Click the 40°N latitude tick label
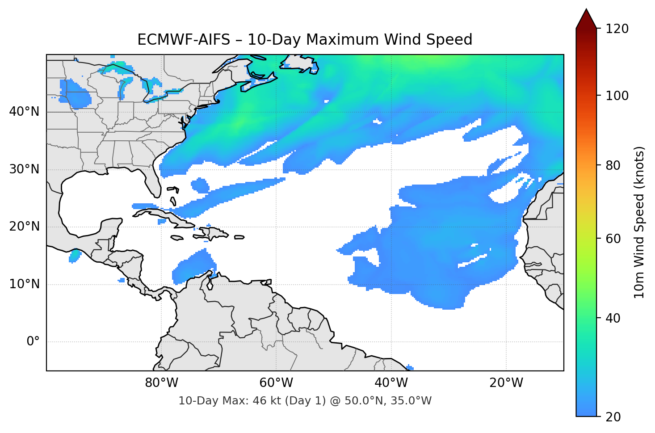(24, 112)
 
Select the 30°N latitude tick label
(24, 169)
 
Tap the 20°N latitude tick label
(24, 227)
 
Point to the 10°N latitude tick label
(24, 284)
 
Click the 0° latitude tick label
(33, 342)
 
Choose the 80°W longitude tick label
(162, 383)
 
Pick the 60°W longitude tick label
(277, 383)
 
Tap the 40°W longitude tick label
(391, 383)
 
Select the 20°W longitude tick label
(506, 383)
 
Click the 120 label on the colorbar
(617, 29)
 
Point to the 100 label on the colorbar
(617, 96)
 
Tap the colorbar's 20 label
(613, 417)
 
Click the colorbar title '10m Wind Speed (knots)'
(639, 223)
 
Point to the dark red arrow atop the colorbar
(586, 19)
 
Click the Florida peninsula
(153, 181)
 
